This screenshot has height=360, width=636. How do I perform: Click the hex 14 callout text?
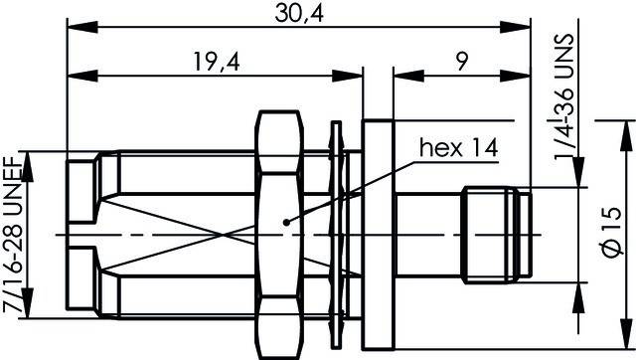(458, 149)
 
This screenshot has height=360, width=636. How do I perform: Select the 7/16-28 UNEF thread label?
(17, 235)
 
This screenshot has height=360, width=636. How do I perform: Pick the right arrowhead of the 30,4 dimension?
(523, 27)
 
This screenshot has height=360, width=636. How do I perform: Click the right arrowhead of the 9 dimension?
(523, 76)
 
